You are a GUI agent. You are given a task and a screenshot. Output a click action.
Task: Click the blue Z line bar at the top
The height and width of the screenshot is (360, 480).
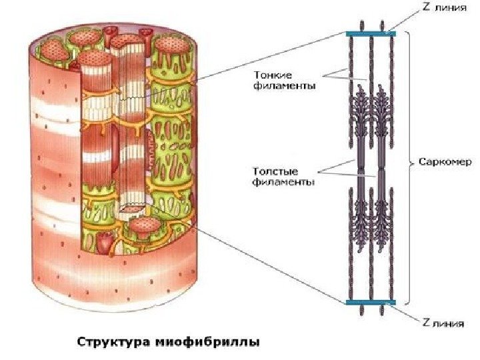(x=371, y=33)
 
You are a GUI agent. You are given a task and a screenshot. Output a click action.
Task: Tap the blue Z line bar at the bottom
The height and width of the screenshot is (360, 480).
(x=371, y=302)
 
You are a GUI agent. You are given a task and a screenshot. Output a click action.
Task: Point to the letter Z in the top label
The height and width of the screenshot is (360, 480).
(x=425, y=8)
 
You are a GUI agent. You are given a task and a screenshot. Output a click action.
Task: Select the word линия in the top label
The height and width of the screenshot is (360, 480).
(x=448, y=9)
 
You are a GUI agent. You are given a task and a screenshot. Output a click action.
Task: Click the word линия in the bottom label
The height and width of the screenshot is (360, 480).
(x=447, y=325)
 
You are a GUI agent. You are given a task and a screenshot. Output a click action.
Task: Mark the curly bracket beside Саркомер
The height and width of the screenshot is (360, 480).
(x=409, y=162)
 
